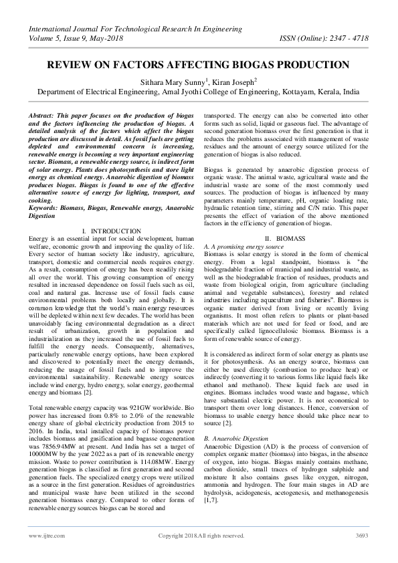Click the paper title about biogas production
coord(199,65)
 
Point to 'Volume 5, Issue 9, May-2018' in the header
coord(78,38)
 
